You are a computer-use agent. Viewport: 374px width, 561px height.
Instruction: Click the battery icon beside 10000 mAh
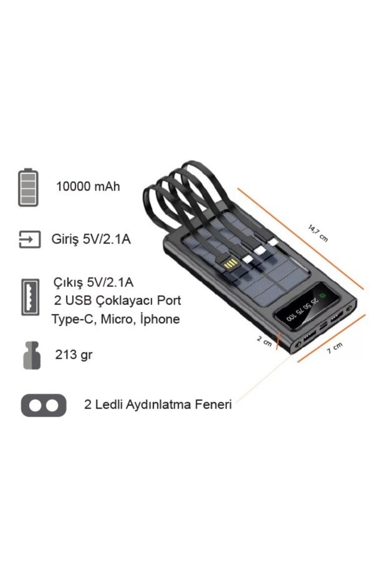pos(29,187)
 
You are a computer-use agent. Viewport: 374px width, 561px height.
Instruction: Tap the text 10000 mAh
pos(88,187)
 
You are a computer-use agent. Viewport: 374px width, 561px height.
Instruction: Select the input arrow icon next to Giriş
pos(30,239)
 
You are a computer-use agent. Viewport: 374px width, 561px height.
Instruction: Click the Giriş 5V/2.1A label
pos(91,239)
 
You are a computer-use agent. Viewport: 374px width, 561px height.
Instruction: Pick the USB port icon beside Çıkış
pos(30,297)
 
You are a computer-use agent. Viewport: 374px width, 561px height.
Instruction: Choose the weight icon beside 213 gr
pos(32,355)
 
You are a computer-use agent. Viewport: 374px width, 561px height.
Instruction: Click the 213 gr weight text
pos(74,355)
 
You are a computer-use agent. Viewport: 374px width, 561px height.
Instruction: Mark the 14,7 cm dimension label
pos(317,233)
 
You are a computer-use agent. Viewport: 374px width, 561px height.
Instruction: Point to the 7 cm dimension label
pos(334,348)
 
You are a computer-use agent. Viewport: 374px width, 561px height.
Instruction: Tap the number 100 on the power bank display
pos(291,317)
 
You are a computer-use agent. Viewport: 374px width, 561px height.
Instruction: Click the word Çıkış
pos(68,283)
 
